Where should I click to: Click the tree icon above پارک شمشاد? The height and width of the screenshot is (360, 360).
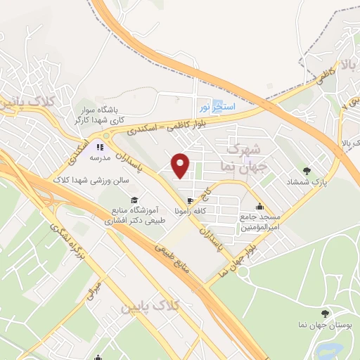306,170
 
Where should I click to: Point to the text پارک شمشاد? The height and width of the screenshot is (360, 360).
307,182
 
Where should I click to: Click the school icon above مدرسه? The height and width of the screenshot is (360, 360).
100,147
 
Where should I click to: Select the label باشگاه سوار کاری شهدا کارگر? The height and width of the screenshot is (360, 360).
99,116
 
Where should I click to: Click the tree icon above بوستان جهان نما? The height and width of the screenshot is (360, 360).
324,314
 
